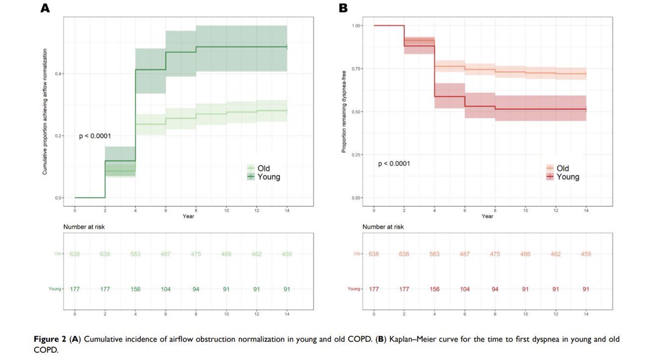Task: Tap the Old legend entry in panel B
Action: (x=562, y=169)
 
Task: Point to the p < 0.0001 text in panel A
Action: (x=95, y=136)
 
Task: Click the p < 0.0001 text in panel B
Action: (x=394, y=163)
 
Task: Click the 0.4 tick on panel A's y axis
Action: (x=58, y=74)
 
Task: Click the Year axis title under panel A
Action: (x=188, y=216)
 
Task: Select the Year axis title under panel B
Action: (x=487, y=216)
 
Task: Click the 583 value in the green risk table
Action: (x=135, y=254)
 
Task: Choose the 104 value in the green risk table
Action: (x=165, y=289)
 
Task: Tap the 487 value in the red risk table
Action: (x=464, y=254)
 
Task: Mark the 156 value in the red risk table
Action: (x=434, y=289)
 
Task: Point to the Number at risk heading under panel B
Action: (x=383, y=227)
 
